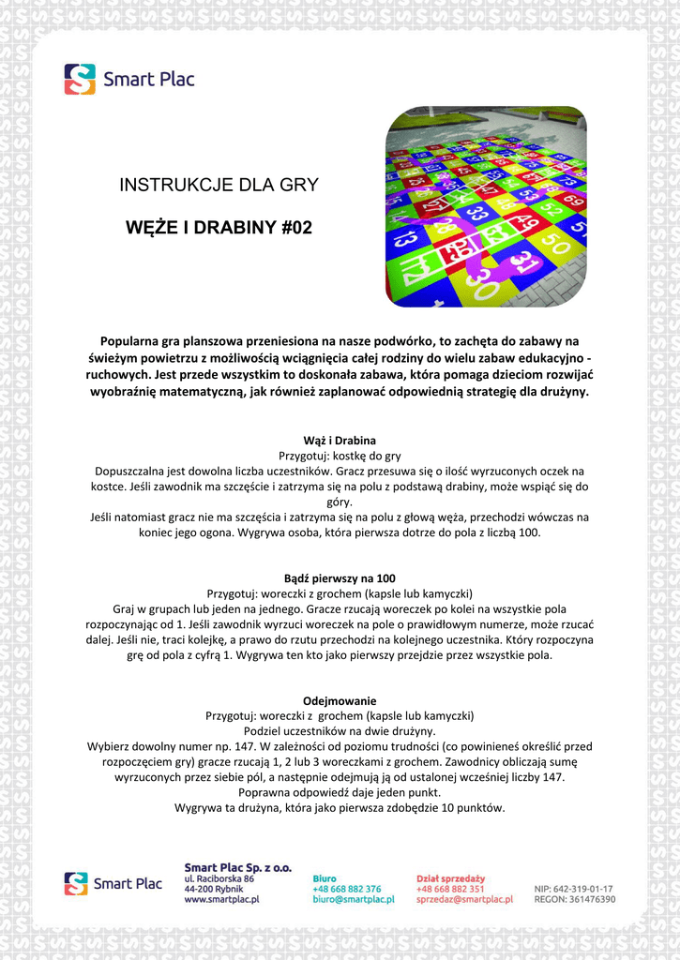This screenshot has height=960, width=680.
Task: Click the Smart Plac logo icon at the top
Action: point(80,79)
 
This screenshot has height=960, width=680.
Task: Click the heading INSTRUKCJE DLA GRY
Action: point(219,186)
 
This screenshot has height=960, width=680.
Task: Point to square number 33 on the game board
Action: point(476,213)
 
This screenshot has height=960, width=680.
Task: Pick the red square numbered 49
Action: point(527,222)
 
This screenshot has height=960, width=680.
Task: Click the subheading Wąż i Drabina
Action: point(340,440)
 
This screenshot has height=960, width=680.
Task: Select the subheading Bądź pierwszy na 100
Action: point(340,578)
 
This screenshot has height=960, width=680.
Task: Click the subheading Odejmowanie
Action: point(340,700)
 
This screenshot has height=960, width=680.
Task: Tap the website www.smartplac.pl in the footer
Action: point(222,899)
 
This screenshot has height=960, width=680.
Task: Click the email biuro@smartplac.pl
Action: point(353,899)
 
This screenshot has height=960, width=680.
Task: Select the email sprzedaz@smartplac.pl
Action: point(464,899)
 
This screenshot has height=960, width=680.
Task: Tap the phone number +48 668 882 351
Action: point(450,889)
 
